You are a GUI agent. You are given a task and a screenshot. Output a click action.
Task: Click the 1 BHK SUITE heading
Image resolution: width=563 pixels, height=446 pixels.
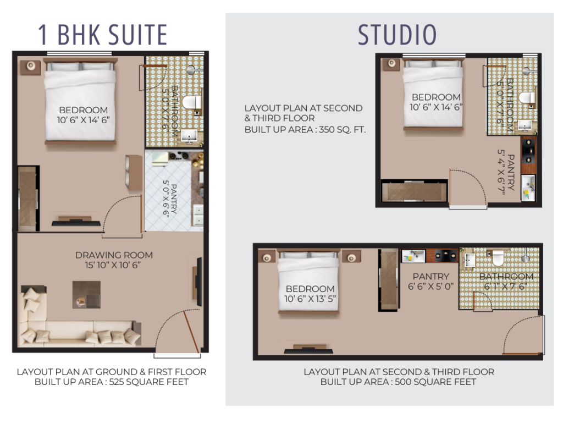click(x=103, y=35)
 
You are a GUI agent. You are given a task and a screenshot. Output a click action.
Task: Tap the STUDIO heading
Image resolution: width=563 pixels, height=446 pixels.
click(x=397, y=35)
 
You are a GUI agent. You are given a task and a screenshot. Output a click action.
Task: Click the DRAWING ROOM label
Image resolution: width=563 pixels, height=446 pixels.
click(x=114, y=255)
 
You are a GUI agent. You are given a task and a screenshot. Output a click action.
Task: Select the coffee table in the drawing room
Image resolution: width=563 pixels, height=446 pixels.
click(x=86, y=294)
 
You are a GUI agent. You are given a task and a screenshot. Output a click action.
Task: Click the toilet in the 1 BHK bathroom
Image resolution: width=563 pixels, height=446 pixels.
click(x=192, y=102)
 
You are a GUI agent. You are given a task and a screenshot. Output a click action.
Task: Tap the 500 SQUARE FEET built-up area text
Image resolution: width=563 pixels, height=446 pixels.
click(x=435, y=382)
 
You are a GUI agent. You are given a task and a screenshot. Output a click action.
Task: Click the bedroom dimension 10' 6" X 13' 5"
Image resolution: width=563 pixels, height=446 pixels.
click(x=310, y=299)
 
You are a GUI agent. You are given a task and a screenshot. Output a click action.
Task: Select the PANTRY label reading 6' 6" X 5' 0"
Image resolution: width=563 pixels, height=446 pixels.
click(x=431, y=281)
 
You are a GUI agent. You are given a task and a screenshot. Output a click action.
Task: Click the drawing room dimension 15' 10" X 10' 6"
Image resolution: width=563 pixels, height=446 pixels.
click(x=113, y=265)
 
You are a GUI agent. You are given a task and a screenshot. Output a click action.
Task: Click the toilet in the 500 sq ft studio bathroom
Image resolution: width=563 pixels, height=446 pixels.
click(x=498, y=258)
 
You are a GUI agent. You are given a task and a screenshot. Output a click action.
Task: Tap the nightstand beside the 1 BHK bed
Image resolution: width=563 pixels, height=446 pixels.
click(x=31, y=67)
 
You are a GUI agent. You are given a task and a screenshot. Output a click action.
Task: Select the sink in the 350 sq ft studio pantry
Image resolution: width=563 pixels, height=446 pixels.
click(x=528, y=188)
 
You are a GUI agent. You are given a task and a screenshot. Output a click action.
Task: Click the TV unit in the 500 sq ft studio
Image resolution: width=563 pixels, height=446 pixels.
click(x=308, y=349)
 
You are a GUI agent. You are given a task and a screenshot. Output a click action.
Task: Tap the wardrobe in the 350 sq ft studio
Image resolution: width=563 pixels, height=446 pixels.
click(x=415, y=191)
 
